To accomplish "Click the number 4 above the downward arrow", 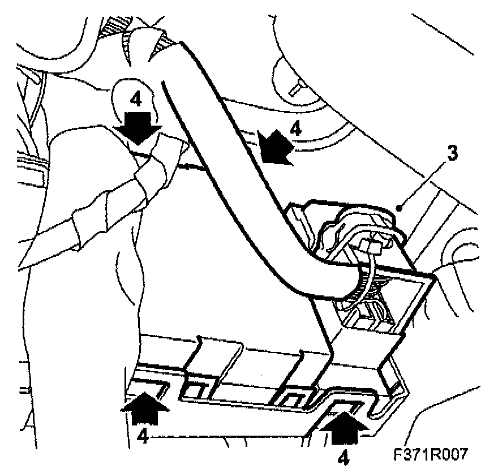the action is [x=136, y=100].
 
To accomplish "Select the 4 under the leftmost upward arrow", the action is [x=143, y=437].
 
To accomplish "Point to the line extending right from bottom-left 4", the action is [x=226, y=436].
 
